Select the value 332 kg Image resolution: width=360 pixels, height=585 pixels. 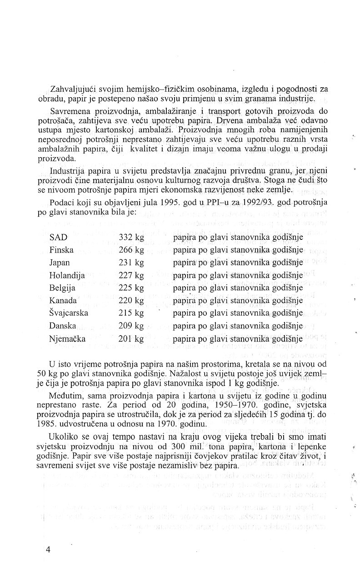(131, 237)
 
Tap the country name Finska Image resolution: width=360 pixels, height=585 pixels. (61, 250)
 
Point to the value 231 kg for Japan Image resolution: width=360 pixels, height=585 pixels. (131, 263)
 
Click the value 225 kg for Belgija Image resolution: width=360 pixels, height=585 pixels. (131, 288)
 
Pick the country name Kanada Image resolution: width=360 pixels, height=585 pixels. (63, 300)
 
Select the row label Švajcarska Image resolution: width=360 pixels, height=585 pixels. (69, 313)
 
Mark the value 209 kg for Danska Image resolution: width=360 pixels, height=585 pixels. (131, 326)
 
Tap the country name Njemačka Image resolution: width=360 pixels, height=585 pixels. (68, 338)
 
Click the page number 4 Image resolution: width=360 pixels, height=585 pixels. (48, 549)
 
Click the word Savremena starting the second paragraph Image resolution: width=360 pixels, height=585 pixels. (70, 112)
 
